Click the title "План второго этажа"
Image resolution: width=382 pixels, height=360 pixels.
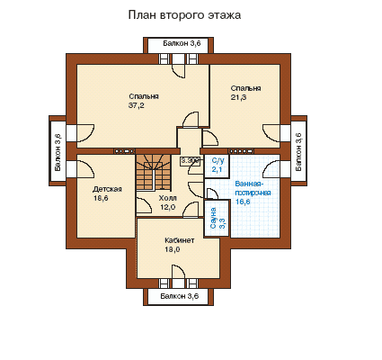pos(184,15)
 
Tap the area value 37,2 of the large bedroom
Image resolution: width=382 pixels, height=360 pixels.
pos(137,105)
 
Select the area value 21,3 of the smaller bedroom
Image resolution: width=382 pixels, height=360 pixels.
pos(238,97)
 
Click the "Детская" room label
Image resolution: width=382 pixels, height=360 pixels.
pos(107,189)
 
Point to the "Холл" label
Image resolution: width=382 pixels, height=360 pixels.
pos(167,198)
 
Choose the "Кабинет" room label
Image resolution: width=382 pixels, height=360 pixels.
pos(180,240)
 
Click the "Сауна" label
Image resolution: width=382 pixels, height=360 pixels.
pos(213,219)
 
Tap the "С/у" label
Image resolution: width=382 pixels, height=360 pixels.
pos(218,161)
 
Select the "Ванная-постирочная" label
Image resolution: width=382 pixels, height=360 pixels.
pos(253,188)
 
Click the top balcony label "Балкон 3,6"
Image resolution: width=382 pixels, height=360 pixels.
pos(182,43)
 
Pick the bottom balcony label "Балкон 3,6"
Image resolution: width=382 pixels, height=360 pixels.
pos(179,296)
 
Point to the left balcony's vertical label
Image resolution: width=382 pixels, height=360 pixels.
pos(58,152)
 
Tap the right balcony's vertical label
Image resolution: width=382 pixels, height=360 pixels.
pos(298,152)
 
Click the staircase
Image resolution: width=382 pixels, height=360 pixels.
pos(154,172)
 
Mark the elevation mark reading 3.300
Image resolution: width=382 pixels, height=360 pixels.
pos(190,161)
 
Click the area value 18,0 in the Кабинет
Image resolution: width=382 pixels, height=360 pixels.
pos(173,249)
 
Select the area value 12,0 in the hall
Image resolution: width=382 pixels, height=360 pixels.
pos(167,207)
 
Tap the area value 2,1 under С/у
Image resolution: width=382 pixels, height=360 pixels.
pos(218,169)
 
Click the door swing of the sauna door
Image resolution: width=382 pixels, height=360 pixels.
pos(212,193)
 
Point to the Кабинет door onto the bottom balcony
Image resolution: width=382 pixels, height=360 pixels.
pos(179,273)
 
